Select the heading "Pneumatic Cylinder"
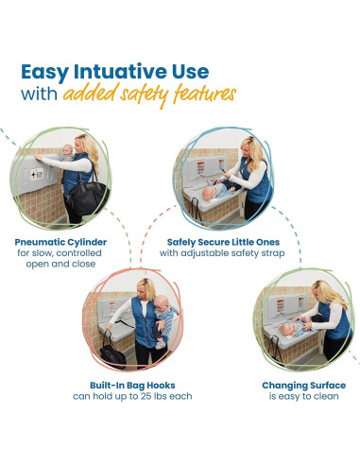60,242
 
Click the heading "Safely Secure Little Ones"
223,242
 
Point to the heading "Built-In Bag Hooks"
132,386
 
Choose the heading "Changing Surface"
304,386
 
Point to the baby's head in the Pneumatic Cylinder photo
67,148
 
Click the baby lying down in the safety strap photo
217,190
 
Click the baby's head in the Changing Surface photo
286,330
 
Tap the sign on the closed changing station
37,174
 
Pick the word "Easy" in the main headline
44,73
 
